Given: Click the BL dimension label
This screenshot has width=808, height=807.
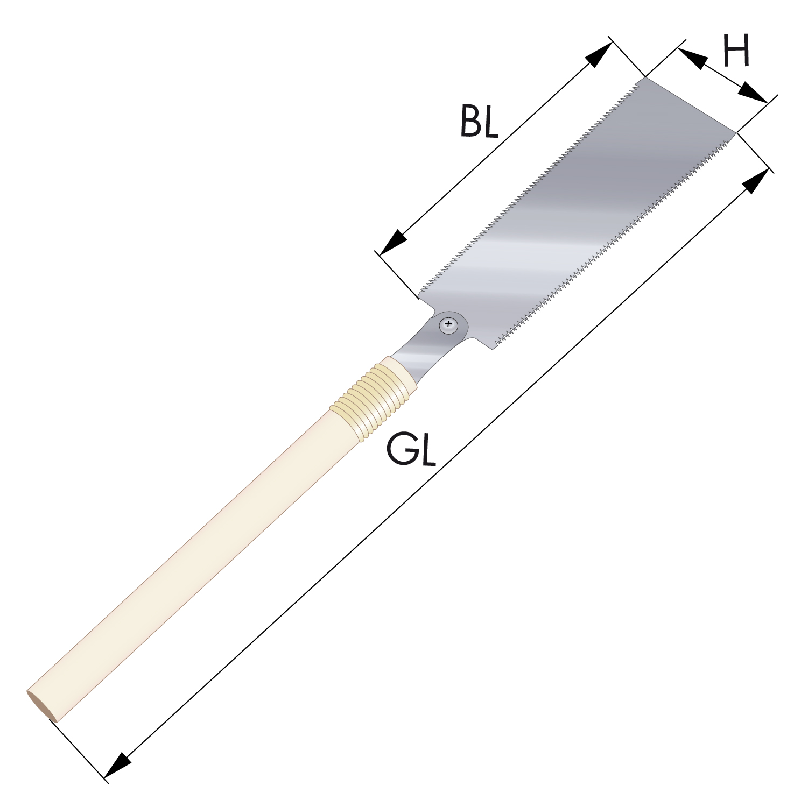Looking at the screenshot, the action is (x=479, y=122).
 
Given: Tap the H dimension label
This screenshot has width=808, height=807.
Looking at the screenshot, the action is (x=736, y=51).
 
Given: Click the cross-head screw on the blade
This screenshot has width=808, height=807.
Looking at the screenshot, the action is (x=448, y=325).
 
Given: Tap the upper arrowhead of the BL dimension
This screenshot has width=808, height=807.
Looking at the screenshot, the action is (x=599, y=54).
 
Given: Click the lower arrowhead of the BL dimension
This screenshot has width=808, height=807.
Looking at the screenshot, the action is (x=394, y=243).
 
